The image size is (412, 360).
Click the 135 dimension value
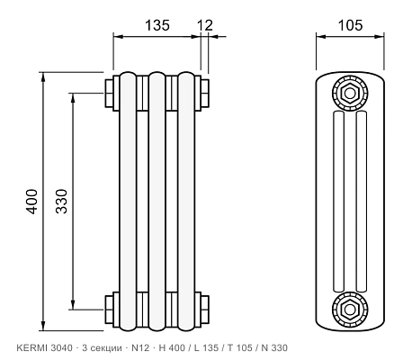pos(157,25)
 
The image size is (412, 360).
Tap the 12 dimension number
pos(205,25)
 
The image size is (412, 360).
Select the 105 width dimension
pos(350,25)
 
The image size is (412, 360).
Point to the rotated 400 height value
pos(31,202)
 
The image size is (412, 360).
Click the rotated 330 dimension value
pos(61,201)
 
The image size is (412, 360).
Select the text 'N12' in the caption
pos(140,347)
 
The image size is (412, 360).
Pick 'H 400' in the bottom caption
pos(172,347)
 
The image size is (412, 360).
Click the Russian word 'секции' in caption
pos(106,348)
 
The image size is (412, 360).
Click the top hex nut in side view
pos(350,94)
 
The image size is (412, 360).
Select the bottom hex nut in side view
pos(350,310)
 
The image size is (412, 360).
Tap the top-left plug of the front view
pos(109,93)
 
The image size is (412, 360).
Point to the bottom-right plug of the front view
pos(205,310)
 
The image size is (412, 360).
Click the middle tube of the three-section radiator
pos(157,202)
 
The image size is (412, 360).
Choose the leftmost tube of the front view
pos(128,202)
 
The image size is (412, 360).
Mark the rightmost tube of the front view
pos(186,202)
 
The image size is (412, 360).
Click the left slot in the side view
pos(338,202)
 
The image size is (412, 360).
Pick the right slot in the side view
pos(361,202)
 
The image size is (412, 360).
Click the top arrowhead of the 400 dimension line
pos(43,77)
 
